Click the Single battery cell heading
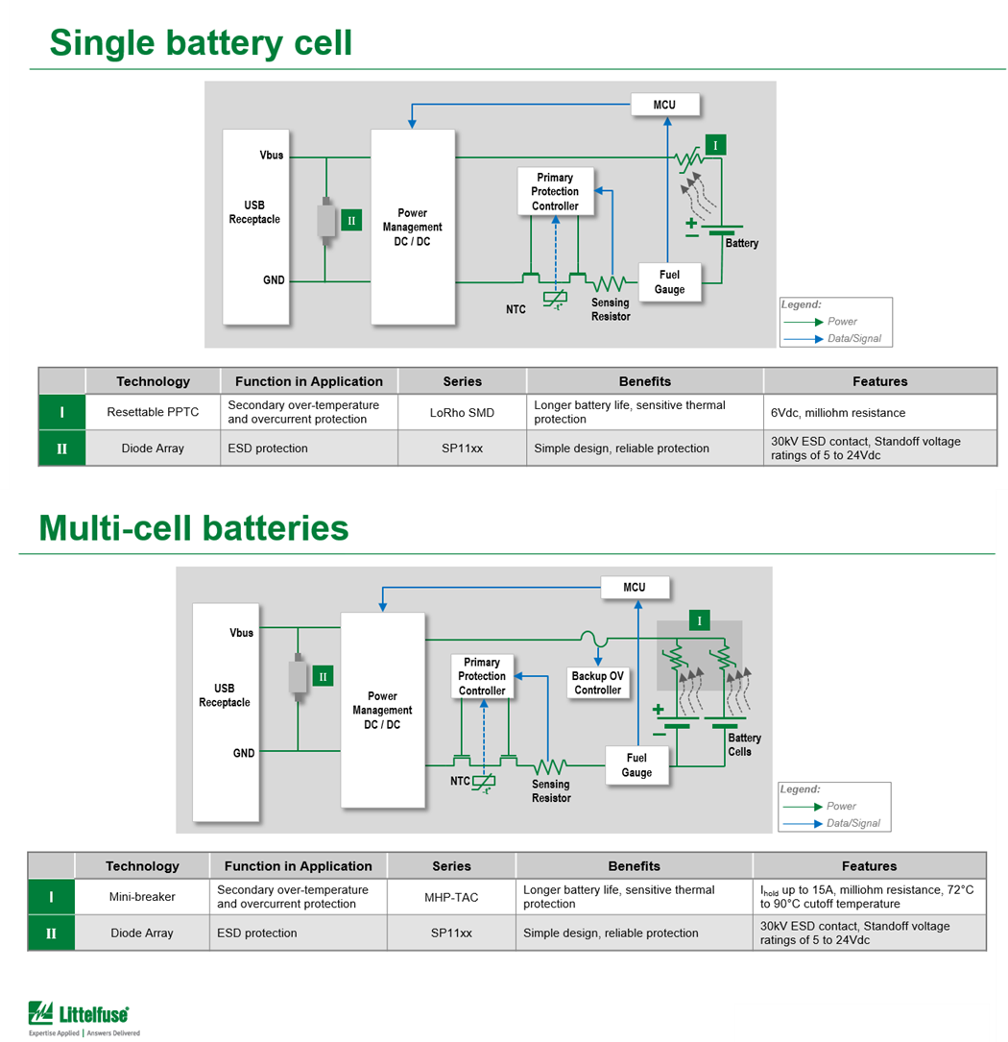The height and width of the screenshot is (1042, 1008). [201, 42]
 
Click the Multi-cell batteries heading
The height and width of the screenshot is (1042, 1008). [193, 528]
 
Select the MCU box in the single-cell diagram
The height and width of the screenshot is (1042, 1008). [664, 105]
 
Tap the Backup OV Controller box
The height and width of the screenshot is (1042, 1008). [597, 683]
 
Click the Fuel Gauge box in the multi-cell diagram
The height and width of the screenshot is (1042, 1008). [636, 765]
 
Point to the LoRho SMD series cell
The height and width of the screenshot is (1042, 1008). [462, 413]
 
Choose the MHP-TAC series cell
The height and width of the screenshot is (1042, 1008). [451, 897]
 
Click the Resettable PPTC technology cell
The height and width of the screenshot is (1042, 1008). [153, 412]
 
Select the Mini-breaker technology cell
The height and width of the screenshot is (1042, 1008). [142, 897]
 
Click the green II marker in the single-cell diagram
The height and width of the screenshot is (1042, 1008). [351, 221]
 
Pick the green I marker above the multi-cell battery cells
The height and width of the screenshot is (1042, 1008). [699, 621]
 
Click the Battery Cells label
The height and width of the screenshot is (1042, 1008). [744, 744]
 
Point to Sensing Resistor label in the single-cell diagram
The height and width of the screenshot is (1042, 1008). [611, 309]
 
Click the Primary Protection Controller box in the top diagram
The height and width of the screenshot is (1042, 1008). [555, 191]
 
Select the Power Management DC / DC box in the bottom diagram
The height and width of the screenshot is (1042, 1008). [382, 711]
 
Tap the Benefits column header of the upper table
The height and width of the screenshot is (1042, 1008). [644, 381]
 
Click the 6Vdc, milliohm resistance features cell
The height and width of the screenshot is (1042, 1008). [837, 413]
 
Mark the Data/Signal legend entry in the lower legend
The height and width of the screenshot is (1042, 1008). [852, 823]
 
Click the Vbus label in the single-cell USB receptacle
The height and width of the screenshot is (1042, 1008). [272, 155]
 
